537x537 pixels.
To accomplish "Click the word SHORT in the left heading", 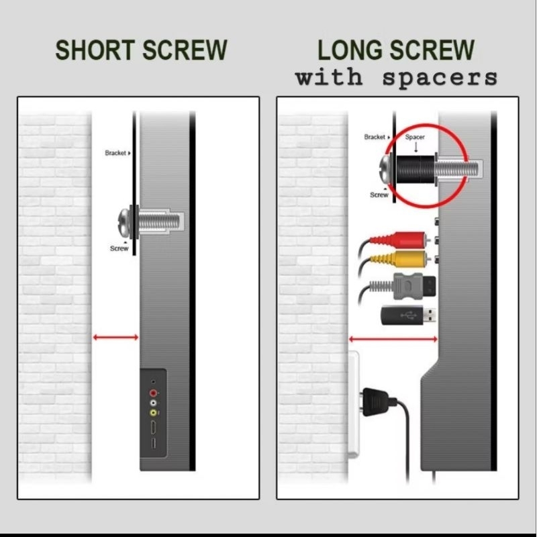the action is point(95,50).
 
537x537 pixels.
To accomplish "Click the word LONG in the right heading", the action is point(350,50).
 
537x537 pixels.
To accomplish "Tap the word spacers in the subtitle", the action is point(440,78).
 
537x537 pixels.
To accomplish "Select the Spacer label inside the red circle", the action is point(415,137).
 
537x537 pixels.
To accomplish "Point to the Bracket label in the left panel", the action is point(115,153).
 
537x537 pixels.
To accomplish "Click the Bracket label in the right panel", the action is point(375,137).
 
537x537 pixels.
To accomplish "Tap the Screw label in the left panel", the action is point(119,248).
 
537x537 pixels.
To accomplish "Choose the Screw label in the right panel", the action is point(379,195).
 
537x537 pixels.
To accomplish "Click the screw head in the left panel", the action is point(124,222).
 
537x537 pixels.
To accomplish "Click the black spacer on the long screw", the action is point(416,169).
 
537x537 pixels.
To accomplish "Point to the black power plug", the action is point(377,401).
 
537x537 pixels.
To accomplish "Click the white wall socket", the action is point(354,405).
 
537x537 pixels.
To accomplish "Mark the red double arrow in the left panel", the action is point(115,338).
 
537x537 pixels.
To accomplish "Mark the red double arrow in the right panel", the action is point(393,339).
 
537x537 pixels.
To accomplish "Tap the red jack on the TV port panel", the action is point(153,393).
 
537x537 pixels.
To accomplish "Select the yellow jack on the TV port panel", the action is point(153,413).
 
